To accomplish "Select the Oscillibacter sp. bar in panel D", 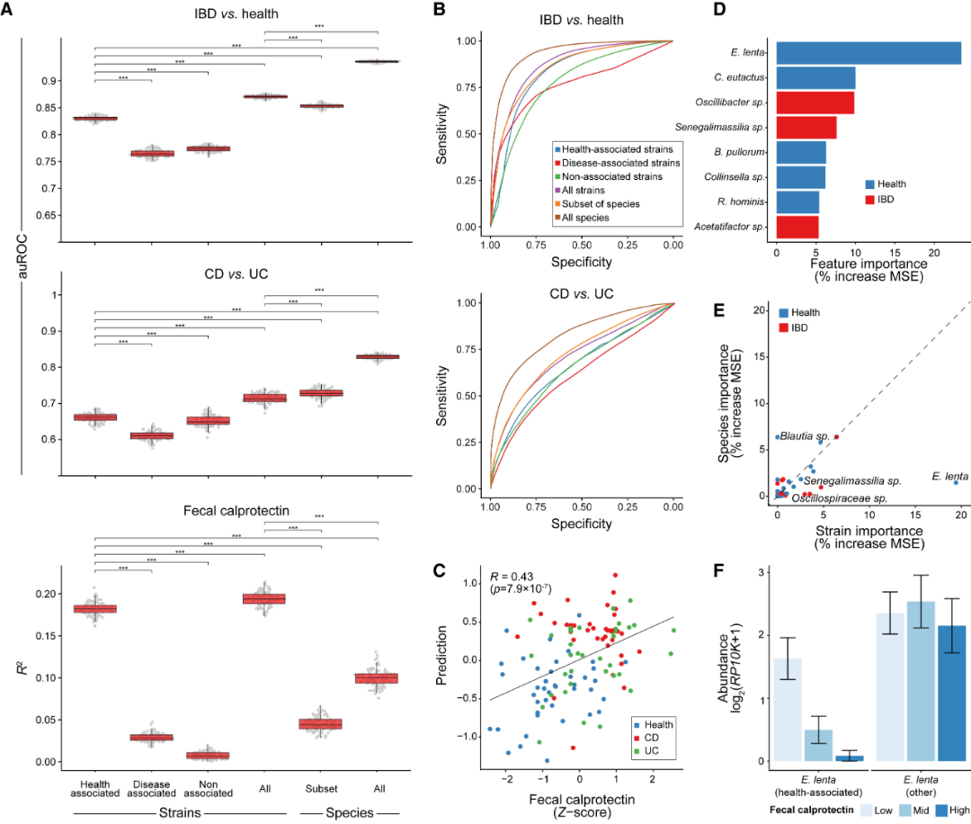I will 815,103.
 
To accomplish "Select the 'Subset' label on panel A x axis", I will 321,789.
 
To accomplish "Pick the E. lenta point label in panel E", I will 949,476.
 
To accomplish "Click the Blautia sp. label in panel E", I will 802,436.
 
